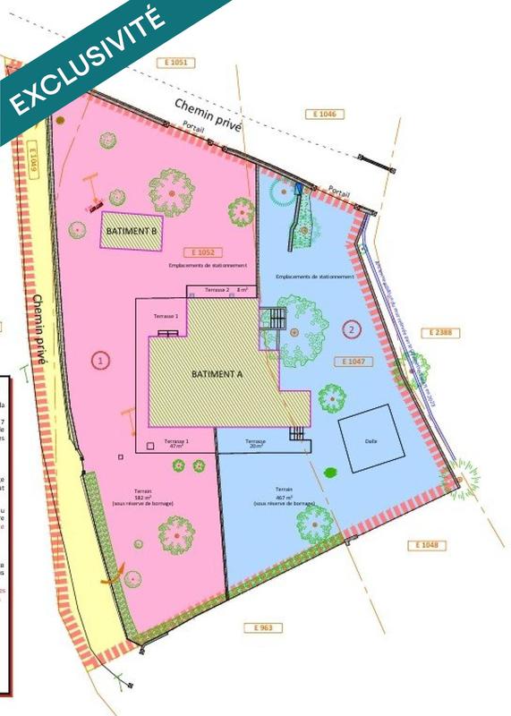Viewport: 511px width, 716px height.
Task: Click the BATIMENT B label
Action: point(132,230)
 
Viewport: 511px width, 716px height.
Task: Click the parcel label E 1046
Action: point(324,114)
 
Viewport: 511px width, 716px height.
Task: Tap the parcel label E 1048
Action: point(430,545)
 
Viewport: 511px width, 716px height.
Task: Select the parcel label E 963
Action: point(262,628)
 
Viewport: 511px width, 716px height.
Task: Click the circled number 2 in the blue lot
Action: point(352,329)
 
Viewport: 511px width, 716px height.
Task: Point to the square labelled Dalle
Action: point(364,438)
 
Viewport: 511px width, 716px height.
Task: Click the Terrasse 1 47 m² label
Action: point(175,445)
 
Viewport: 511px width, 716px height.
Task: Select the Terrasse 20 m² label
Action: point(257,444)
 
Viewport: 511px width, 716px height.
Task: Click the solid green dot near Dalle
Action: point(331,472)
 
